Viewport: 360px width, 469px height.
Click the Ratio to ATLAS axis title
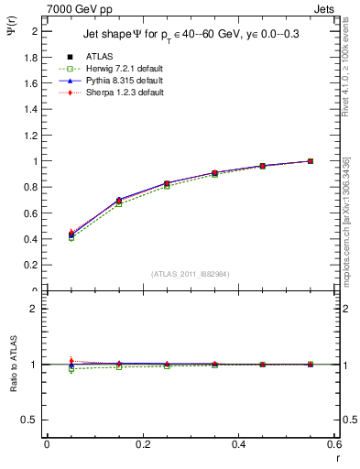click(12, 365)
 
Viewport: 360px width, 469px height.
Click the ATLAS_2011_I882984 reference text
click(191, 273)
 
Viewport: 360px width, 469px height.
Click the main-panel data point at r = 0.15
click(119, 200)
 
